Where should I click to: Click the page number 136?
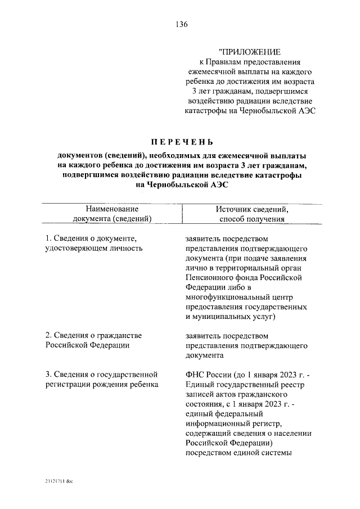click(x=181, y=24)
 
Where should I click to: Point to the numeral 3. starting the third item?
click(x=48, y=374)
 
